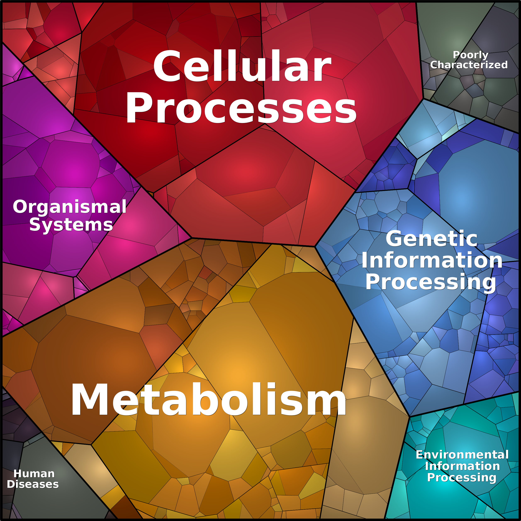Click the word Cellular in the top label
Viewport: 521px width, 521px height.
(242, 66)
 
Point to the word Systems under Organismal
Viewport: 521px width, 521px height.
(71, 225)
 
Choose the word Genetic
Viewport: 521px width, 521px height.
(431, 239)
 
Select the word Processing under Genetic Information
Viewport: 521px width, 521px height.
(431, 282)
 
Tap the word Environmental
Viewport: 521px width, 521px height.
(462, 455)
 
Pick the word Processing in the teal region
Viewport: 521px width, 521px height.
(462, 478)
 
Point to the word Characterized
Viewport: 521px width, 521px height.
(469, 65)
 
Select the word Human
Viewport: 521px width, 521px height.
(34, 474)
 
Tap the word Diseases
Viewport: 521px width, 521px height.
(33, 484)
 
